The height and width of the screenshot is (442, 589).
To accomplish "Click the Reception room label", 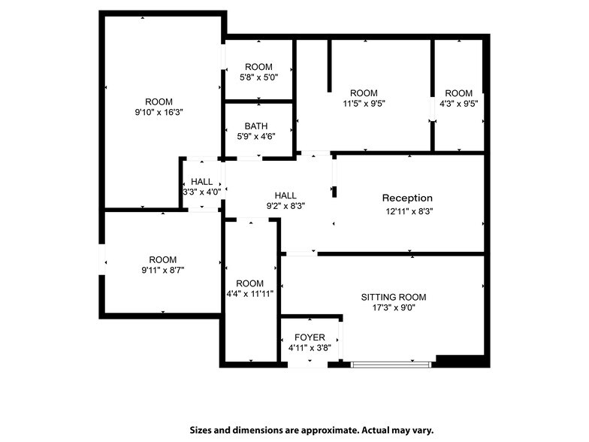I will pyautogui.click(x=407, y=198).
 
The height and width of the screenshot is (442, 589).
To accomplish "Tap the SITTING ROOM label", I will pyautogui.click(x=388, y=296).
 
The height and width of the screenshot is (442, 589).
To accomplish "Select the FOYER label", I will pyautogui.click(x=310, y=338).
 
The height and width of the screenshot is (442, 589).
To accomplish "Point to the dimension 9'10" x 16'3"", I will pyautogui.click(x=159, y=112).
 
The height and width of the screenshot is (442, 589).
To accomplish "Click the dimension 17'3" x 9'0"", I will pyautogui.click(x=388, y=307).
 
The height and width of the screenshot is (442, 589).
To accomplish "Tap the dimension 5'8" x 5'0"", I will pyautogui.click(x=258, y=77).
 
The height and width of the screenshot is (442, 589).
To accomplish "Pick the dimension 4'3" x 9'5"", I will pyautogui.click(x=458, y=104).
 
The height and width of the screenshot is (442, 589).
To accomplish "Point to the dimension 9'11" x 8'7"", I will pyautogui.click(x=162, y=270).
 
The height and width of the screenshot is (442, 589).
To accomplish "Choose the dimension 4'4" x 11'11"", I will pyautogui.click(x=249, y=293).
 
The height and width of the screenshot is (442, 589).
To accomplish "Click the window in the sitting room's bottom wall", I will pyautogui.click(x=391, y=365).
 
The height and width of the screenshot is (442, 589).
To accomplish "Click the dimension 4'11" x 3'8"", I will pyautogui.click(x=310, y=348).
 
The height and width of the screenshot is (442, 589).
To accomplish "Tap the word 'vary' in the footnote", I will pyautogui.click(x=421, y=430).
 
